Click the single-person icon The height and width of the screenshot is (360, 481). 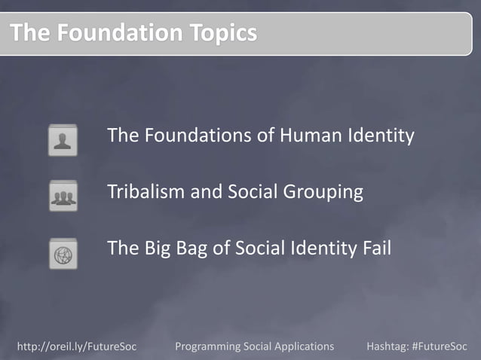[63, 140]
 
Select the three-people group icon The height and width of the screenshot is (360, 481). [63, 197]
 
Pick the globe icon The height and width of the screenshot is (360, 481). [63, 253]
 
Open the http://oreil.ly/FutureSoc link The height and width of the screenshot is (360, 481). [76, 346]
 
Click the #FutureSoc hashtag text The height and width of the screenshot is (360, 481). [440, 346]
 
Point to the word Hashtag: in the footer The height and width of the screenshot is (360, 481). [388, 346]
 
